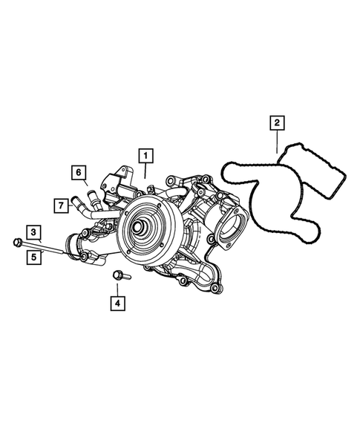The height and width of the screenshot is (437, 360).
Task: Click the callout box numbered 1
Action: point(146,156)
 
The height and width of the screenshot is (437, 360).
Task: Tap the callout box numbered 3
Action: point(34,231)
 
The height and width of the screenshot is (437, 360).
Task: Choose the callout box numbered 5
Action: point(34,257)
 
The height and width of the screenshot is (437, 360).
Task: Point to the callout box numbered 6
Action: point(76,172)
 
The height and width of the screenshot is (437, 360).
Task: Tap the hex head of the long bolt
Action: point(17,240)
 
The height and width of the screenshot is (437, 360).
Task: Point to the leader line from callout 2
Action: point(276,142)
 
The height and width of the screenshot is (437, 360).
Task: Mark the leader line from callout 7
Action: point(72,204)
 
